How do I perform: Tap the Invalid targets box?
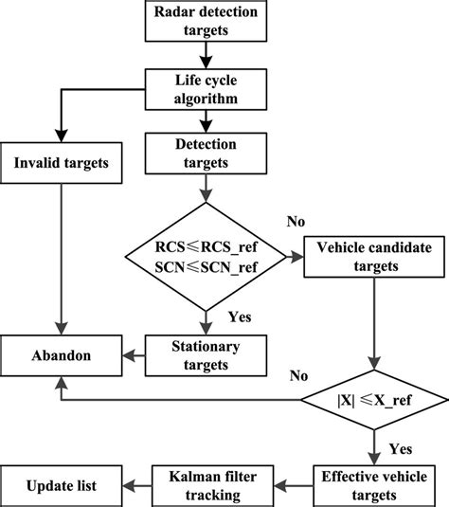tap(62, 162)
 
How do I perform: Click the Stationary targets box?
tap(203, 356)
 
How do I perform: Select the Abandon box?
tap(62, 356)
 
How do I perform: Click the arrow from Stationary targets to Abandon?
tap(134, 356)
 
